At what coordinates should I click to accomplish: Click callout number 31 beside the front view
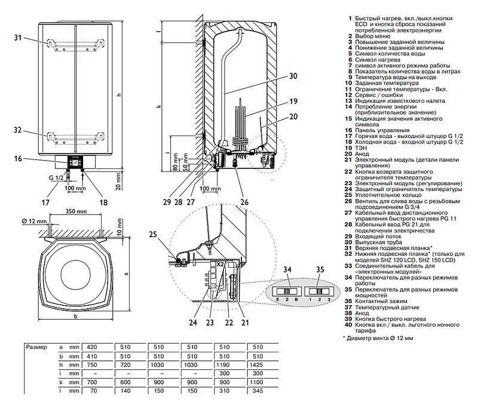click(18, 38)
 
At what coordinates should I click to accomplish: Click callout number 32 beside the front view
click(18, 130)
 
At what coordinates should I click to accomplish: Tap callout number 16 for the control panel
click(18, 159)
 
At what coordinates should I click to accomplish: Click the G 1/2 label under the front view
click(57, 178)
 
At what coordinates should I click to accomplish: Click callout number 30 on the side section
click(292, 76)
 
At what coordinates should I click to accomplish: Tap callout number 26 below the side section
click(244, 202)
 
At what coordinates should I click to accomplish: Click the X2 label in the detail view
click(220, 263)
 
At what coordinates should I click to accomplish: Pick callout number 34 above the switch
click(289, 270)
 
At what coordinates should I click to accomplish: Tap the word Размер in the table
click(37, 346)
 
